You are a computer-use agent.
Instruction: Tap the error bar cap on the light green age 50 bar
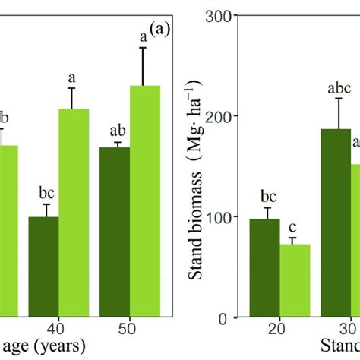(145, 48)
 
